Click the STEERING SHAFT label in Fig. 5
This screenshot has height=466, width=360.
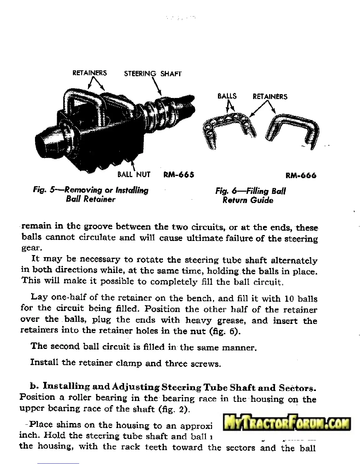coord(153,74)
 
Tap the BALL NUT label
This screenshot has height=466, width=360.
coord(134,174)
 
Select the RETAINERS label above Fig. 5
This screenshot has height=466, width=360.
coord(90,73)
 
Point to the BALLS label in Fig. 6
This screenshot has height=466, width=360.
coord(227,96)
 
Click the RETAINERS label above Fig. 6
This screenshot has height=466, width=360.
coord(270,96)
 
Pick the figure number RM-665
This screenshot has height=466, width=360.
coord(179,175)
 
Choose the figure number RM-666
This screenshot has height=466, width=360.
coord(301,176)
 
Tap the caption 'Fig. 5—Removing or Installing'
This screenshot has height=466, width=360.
coord(91,190)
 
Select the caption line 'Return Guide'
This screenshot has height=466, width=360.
coord(248,200)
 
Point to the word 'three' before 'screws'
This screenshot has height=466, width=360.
coord(176,364)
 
